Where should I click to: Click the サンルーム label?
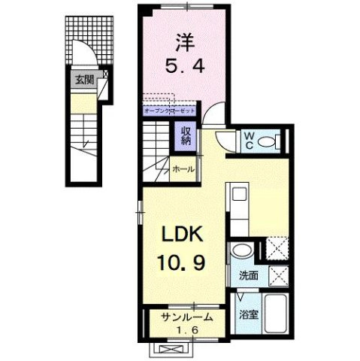coord(185,317)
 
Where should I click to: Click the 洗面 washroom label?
coord(250,276)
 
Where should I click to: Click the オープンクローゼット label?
coord(170,111)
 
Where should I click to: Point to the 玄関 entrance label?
coord(84,78)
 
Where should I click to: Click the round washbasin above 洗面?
coord(240,253)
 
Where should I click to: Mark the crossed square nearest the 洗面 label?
coord(279,276)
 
